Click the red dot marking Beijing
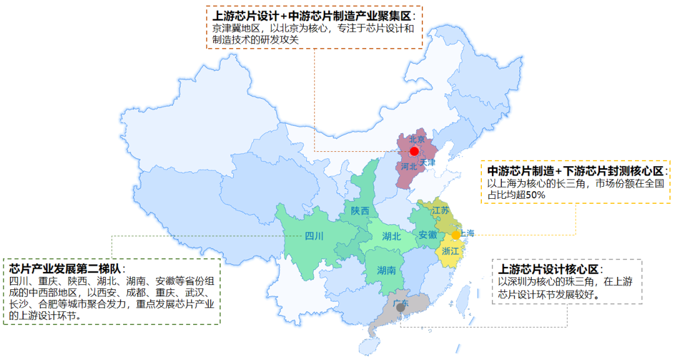(x=414, y=151)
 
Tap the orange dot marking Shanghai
(x=456, y=235)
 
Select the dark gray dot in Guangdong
(x=401, y=307)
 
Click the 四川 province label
(x=314, y=236)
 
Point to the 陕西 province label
(x=360, y=211)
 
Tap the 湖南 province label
(x=386, y=271)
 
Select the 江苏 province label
(x=440, y=210)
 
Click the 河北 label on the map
(x=409, y=167)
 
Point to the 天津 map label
(x=427, y=162)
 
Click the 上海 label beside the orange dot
(x=468, y=233)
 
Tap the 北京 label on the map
(x=417, y=139)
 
